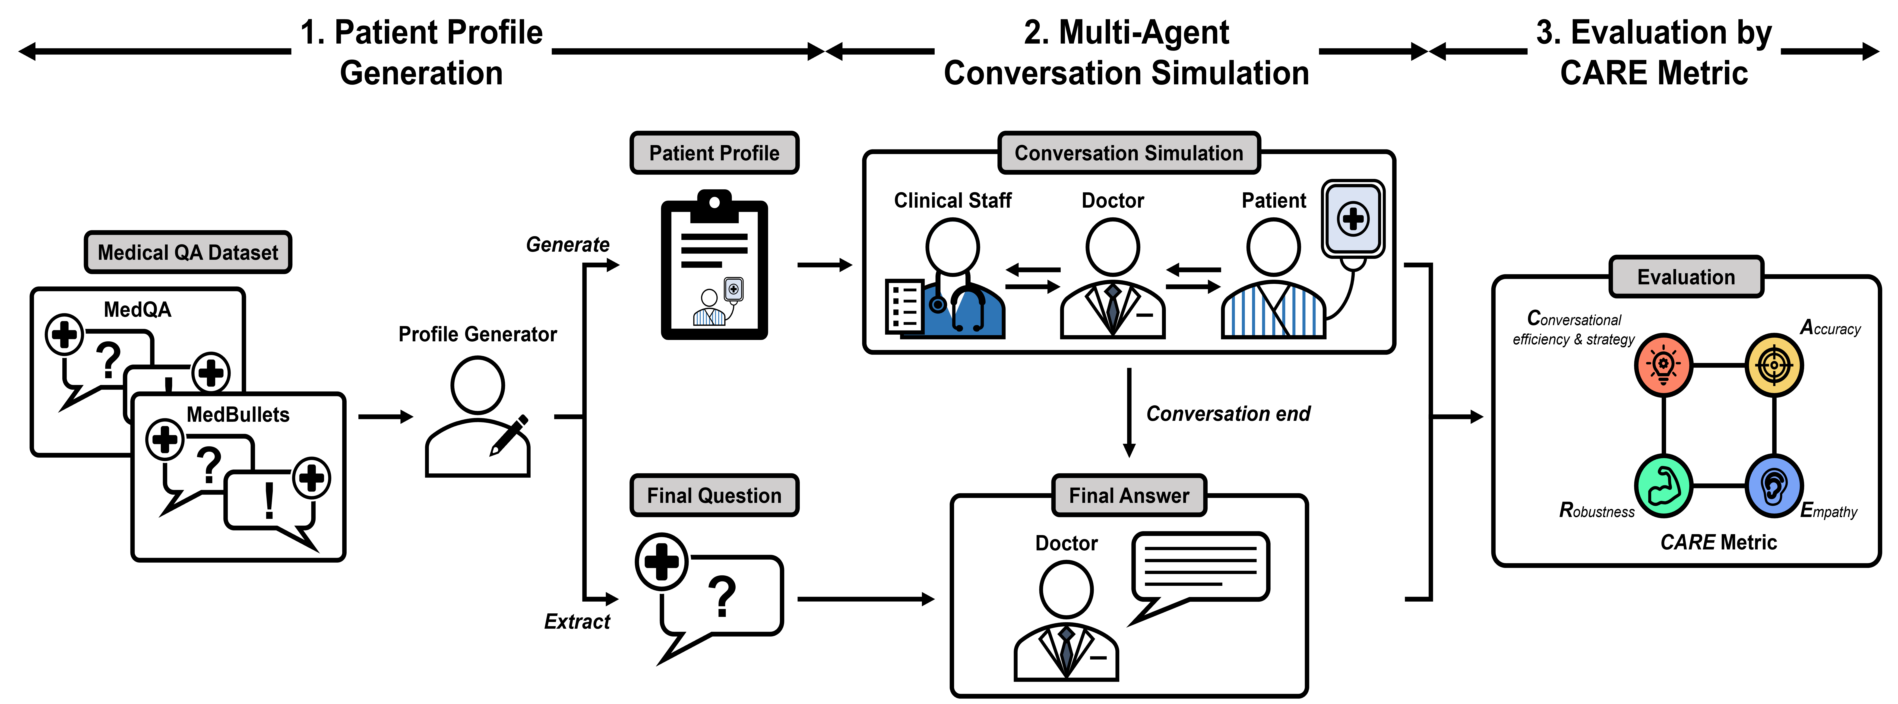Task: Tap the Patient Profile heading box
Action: (x=714, y=153)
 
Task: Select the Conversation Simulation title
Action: (x=1128, y=153)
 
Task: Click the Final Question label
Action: (x=714, y=495)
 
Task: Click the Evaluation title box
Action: (x=1686, y=277)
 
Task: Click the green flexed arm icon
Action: (x=1663, y=486)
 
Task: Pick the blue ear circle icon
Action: (x=1774, y=486)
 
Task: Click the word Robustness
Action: (x=1597, y=511)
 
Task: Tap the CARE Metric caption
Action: (x=1718, y=542)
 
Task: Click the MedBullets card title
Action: (x=238, y=415)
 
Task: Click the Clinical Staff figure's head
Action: (x=952, y=247)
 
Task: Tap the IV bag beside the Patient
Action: (x=1353, y=219)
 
